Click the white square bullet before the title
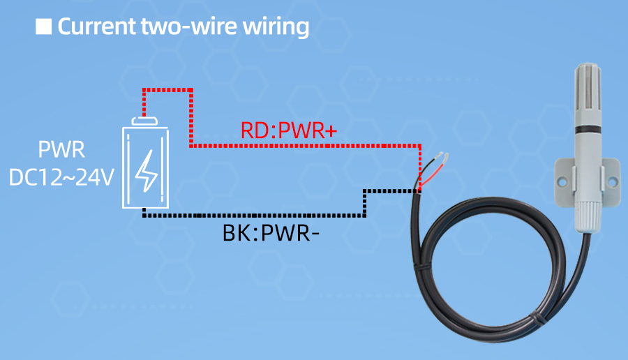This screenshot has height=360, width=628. coord(43,27)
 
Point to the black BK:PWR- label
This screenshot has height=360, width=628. coord(271,232)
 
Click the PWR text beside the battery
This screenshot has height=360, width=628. coord(61,151)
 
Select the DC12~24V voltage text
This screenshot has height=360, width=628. coord(61,177)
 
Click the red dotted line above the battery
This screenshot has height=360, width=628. coord(167,89)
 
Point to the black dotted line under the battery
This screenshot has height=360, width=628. coord(251,216)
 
